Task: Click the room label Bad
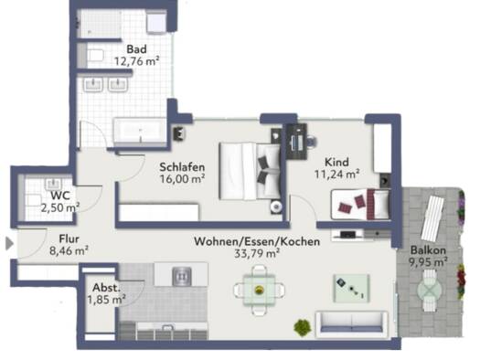pos(136,49)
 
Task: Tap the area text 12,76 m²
pos(136,61)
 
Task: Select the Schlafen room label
pos(182,167)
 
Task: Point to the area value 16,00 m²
pos(182,179)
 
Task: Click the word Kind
pos(336,162)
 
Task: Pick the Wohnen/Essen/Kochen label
pos(257,241)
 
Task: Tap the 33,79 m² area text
pos(257,253)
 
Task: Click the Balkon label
pos(428,250)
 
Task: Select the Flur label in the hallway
pos(69,238)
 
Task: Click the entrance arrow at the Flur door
pos(10,244)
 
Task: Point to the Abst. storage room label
pos(107,288)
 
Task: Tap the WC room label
pos(60,196)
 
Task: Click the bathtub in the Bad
pos(140,132)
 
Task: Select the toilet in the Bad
pos(95,56)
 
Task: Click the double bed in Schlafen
pos(251,171)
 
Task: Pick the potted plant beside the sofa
pos(303,328)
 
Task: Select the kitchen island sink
pos(182,276)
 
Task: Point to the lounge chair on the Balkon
pos(432,218)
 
